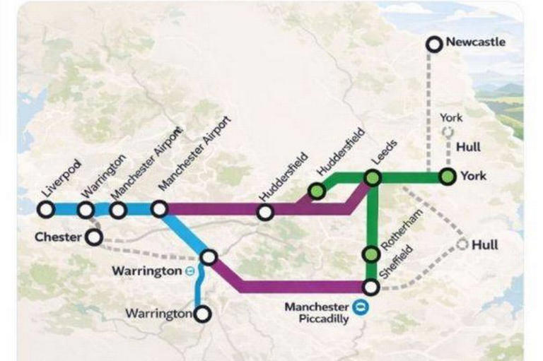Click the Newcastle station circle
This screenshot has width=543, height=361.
tap(433, 45)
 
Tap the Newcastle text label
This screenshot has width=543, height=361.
tap(475, 42)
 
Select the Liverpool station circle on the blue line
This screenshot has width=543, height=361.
tap(46, 209)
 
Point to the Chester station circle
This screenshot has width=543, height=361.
tap(94, 237)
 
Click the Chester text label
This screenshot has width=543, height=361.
tap(58, 237)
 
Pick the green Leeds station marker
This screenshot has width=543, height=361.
tap(373, 178)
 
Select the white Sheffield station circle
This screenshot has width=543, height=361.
tap(370, 287)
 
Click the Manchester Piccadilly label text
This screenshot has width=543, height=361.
tap(316, 312)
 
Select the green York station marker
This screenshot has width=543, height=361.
tap(446, 176)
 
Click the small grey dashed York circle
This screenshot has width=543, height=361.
tap(447, 132)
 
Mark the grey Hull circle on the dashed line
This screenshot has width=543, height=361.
tap(463, 245)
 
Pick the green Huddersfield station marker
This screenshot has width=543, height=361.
tap(317, 191)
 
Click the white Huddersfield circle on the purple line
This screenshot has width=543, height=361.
tap(265, 211)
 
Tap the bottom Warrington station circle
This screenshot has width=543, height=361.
tap(202, 314)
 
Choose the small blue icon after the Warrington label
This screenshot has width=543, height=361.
tap(189, 271)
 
